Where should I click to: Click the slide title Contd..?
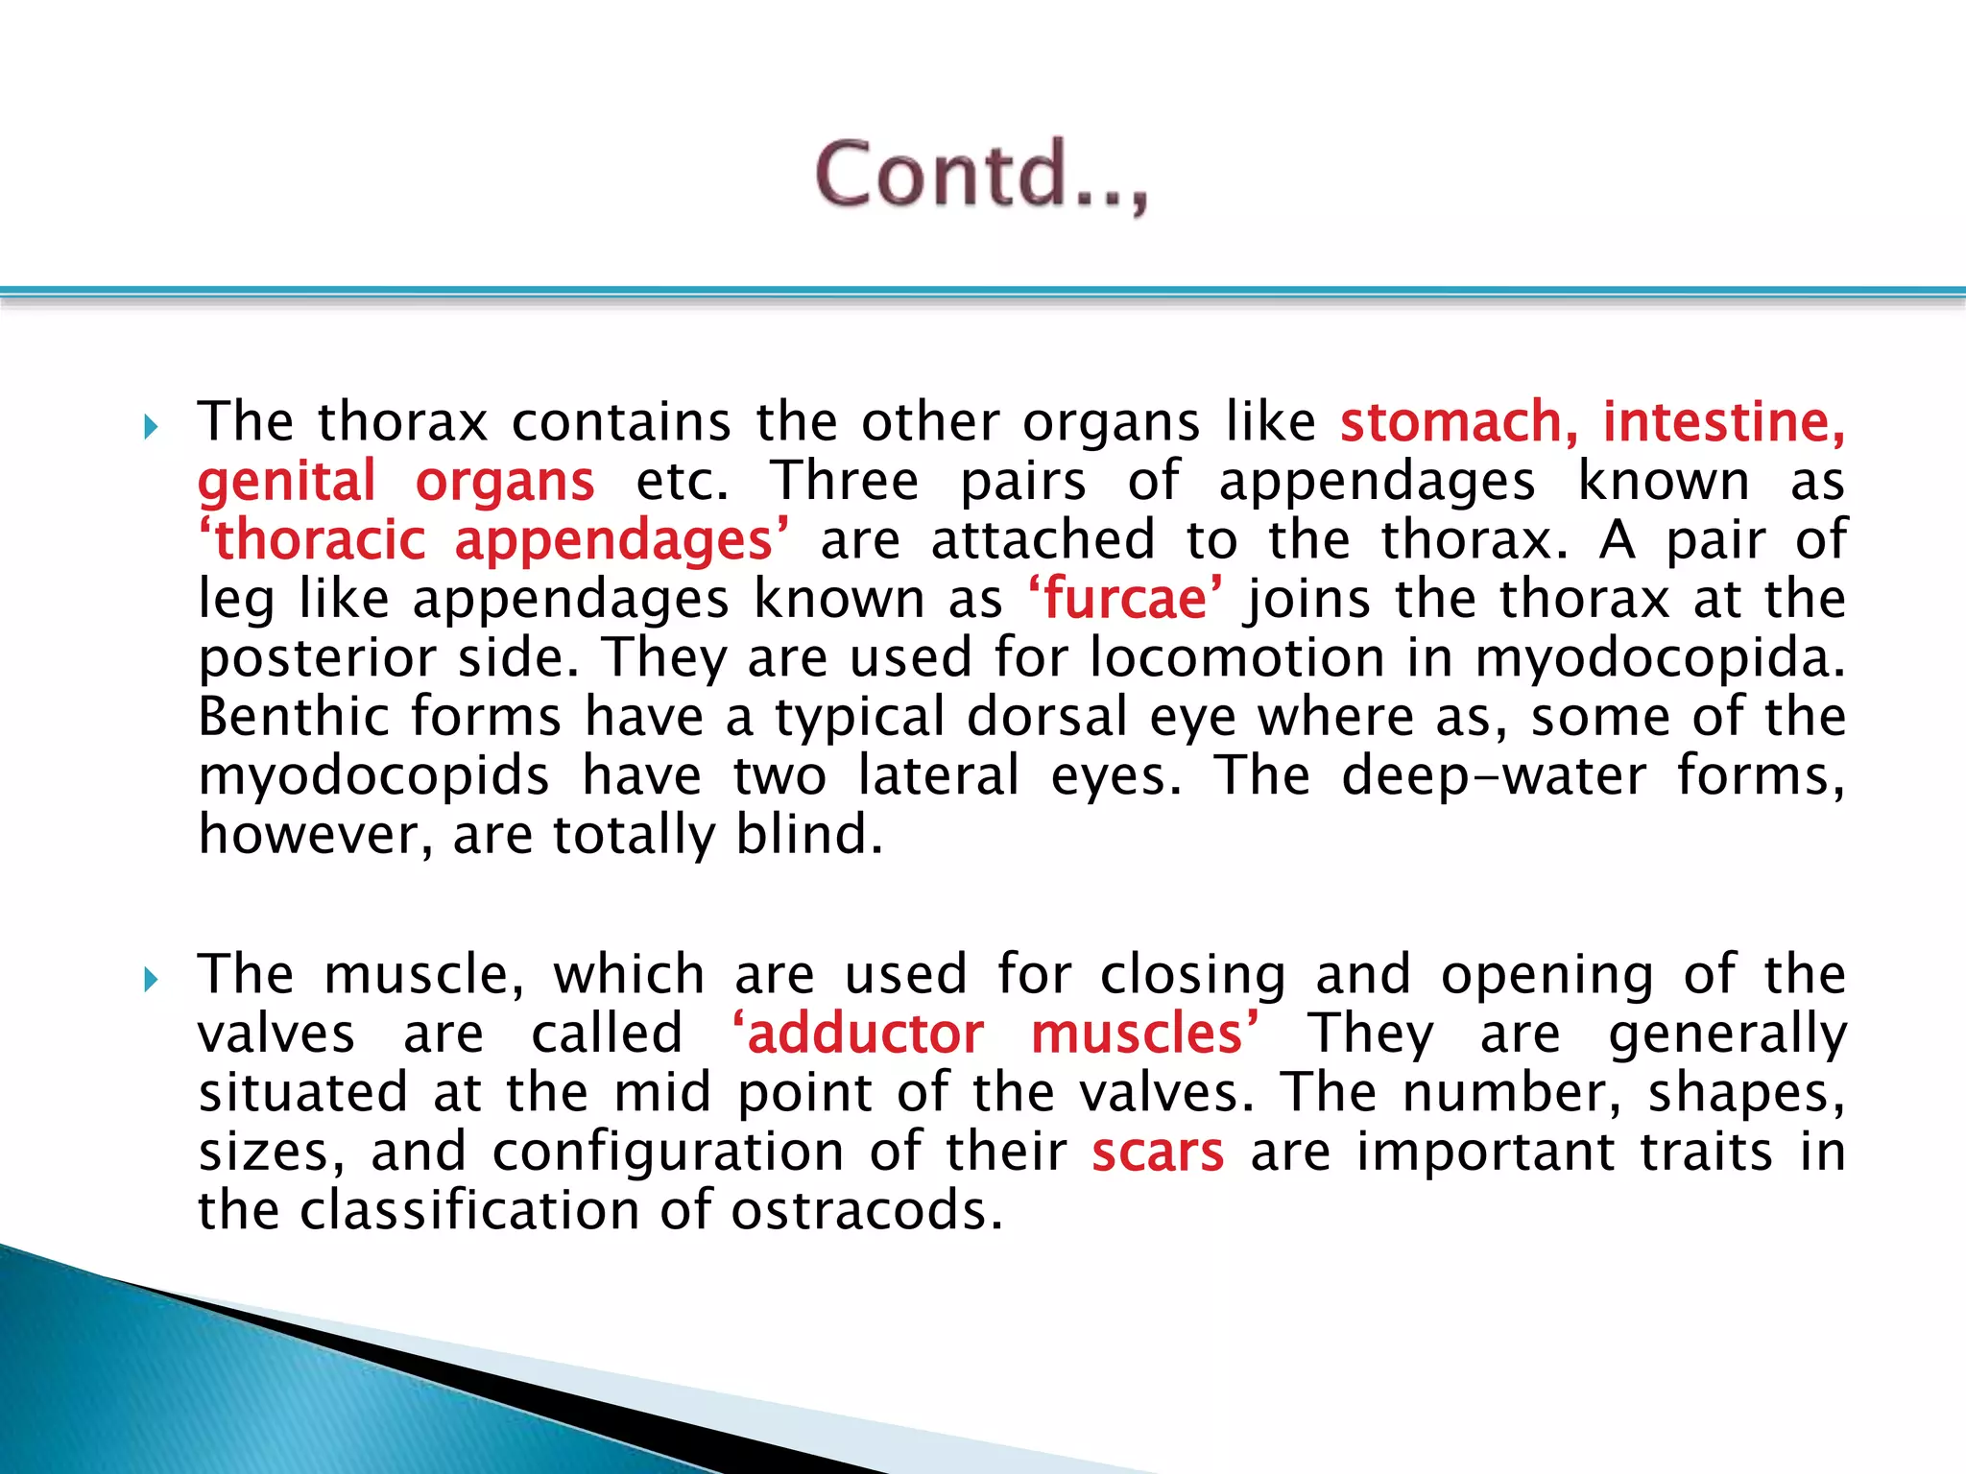[980, 175]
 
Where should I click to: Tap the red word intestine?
[1724, 422]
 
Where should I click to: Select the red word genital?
[286, 482]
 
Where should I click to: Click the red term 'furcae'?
[1125, 600]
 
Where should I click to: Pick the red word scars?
[1158, 1152]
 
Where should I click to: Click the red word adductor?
[857, 1034]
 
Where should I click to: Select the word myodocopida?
[1659, 659]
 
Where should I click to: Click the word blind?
[808, 835]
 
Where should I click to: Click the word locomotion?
[1237, 659]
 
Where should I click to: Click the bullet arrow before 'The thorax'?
[151, 426]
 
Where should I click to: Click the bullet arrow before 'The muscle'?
[151, 980]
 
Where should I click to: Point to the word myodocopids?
[373, 776]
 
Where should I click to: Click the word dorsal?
[1046, 717]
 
